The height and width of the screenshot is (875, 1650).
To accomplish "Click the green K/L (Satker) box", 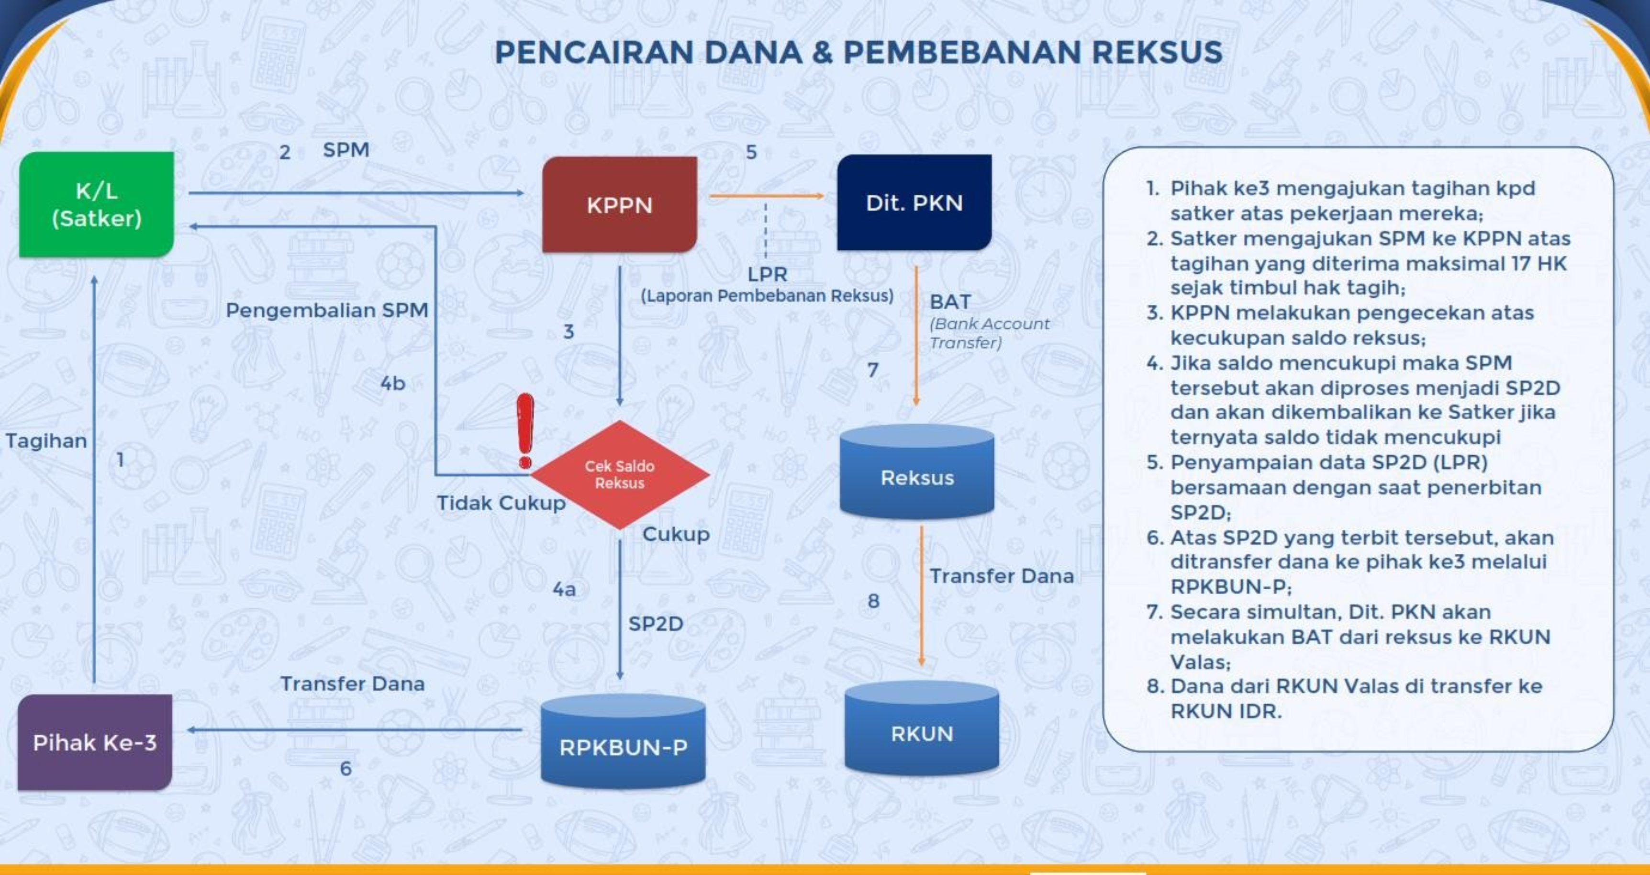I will pos(96,204).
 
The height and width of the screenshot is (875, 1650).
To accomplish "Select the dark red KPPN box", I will pos(619,204).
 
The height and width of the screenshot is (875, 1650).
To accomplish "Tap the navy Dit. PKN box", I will pos(914,202).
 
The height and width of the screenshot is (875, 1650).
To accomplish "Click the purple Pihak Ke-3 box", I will pos(95,742).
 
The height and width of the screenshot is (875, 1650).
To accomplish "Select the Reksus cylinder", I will pos(916,477).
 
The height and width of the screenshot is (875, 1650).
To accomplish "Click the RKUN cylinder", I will pos(922,733).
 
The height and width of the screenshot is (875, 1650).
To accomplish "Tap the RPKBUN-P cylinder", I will pos(623,746).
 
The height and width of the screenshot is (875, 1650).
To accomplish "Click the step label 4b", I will pos(393,383).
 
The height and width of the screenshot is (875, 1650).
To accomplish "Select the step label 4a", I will pos(564,589).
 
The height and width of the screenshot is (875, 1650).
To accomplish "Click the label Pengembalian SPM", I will pos(327,311).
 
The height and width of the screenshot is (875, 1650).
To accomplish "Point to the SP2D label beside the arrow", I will pos(655,624).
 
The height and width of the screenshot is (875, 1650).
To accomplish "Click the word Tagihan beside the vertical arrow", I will pos(46,441).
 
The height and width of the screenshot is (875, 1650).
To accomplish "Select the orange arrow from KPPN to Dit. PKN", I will pos(766,196).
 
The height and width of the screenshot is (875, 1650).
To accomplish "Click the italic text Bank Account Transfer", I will pos(988,333).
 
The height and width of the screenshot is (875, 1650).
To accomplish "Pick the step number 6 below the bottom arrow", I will pos(346,768).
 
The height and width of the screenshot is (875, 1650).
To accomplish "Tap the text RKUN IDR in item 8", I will pos(1226,711).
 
